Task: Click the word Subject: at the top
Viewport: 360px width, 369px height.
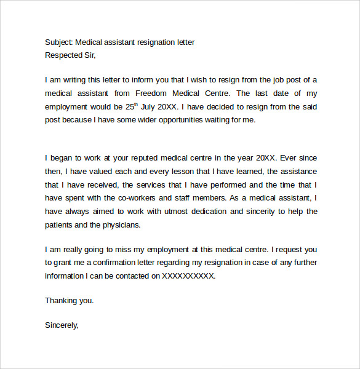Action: (x=58, y=42)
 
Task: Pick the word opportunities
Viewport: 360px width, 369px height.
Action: (x=179, y=120)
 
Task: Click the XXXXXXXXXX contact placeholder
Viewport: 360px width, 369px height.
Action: (x=188, y=276)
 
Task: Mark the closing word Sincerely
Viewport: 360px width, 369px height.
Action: (x=62, y=325)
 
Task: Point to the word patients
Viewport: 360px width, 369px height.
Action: (x=60, y=224)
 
